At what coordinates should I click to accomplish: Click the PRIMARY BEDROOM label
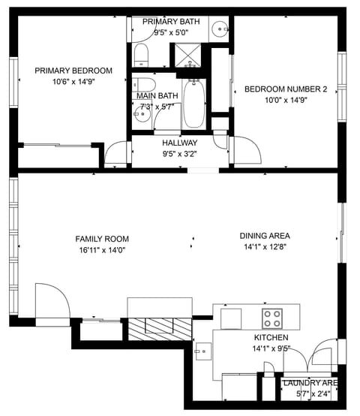[x=73, y=71]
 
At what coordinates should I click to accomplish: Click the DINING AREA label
[x=265, y=235]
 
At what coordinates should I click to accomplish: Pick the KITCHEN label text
[x=271, y=338]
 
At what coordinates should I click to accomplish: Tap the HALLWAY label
[x=180, y=143]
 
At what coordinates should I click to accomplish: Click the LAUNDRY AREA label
[x=310, y=383]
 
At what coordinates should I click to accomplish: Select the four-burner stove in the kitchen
[x=271, y=315]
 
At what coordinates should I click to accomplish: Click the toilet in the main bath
[x=145, y=85]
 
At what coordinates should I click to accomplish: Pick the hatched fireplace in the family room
[x=158, y=326]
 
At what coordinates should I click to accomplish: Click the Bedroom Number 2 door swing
[x=245, y=149]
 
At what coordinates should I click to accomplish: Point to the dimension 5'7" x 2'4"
[x=310, y=393]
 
